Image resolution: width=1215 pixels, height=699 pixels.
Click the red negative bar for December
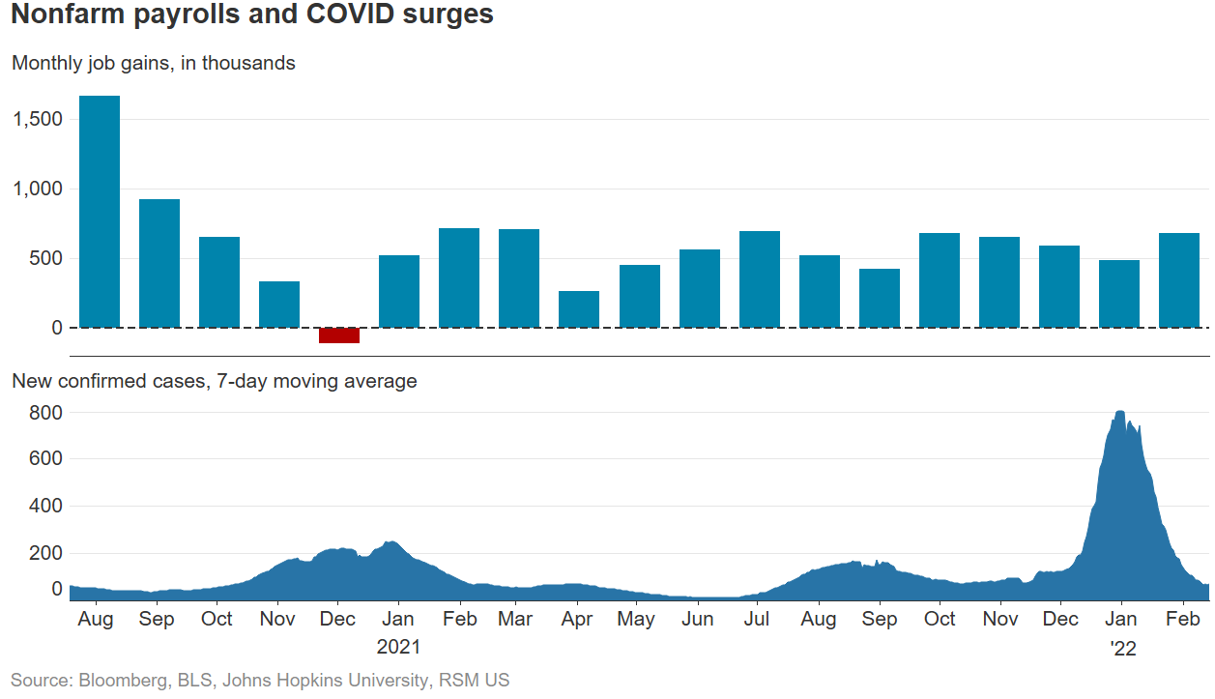pyautogui.click(x=339, y=335)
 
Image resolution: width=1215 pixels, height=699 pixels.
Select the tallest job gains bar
pyautogui.click(x=100, y=212)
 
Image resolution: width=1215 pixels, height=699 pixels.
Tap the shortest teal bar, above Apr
pyautogui.click(x=579, y=309)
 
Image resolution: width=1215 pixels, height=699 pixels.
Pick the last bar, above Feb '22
pyautogui.click(x=1178, y=280)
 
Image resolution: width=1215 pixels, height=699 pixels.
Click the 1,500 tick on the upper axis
pyautogui.click(x=38, y=119)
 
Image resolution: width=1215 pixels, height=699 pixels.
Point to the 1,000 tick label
pyautogui.click(x=38, y=189)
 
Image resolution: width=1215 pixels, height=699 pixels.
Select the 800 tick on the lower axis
pyautogui.click(x=45, y=413)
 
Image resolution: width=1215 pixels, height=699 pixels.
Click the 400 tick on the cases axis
pyautogui.click(x=45, y=507)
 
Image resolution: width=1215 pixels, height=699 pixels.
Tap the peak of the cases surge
pyautogui.click(x=1119, y=414)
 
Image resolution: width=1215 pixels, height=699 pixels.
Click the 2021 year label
pyautogui.click(x=398, y=646)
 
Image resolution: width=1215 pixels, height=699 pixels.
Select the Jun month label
pyautogui.click(x=697, y=619)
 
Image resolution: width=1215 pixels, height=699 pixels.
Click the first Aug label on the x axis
pyautogui.click(x=95, y=619)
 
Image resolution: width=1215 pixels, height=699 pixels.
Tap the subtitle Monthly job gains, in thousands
pyautogui.click(x=154, y=63)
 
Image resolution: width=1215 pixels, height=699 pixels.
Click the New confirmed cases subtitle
pyautogui.click(x=214, y=381)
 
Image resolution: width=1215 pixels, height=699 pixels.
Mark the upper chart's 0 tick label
pyautogui.click(x=56, y=328)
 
